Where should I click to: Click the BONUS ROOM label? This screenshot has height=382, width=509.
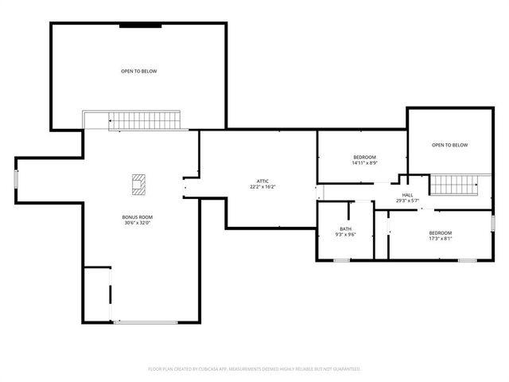pyautogui.click(x=138, y=217)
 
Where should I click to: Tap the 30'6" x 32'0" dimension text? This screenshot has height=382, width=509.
pyautogui.click(x=138, y=224)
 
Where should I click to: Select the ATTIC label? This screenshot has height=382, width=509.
pyautogui.click(x=262, y=181)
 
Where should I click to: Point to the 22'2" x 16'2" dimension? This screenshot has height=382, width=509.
pyautogui.click(x=262, y=187)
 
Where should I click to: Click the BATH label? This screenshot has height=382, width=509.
pyautogui.click(x=345, y=229)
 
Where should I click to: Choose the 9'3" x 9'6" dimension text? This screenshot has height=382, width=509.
pyautogui.click(x=345, y=236)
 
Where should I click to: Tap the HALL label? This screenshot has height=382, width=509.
pyautogui.click(x=407, y=195)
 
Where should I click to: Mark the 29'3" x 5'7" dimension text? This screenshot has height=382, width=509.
pyautogui.click(x=407, y=201)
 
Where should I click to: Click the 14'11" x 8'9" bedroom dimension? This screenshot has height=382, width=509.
pyautogui.click(x=365, y=163)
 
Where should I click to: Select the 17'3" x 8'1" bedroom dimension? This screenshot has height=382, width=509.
pyautogui.click(x=441, y=239)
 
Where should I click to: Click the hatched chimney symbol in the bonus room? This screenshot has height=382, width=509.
pyautogui.click(x=139, y=183)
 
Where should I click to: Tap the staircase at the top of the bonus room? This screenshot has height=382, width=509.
pyautogui.click(x=147, y=121)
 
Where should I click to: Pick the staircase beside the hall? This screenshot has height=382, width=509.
pyautogui.click(x=453, y=185)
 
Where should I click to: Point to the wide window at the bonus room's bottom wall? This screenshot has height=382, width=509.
pyautogui.click(x=146, y=322)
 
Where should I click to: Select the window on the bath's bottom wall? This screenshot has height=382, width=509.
pyautogui.click(x=342, y=260)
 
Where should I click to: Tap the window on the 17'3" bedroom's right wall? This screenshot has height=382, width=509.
pyautogui.click(x=493, y=222)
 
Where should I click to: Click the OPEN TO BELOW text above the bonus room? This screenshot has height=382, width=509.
pyautogui.click(x=139, y=72)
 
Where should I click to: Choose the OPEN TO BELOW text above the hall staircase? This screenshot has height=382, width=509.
pyautogui.click(x=449, y=145)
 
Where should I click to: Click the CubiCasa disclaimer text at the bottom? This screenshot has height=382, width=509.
pyautogui.click(x=254, y=369)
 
